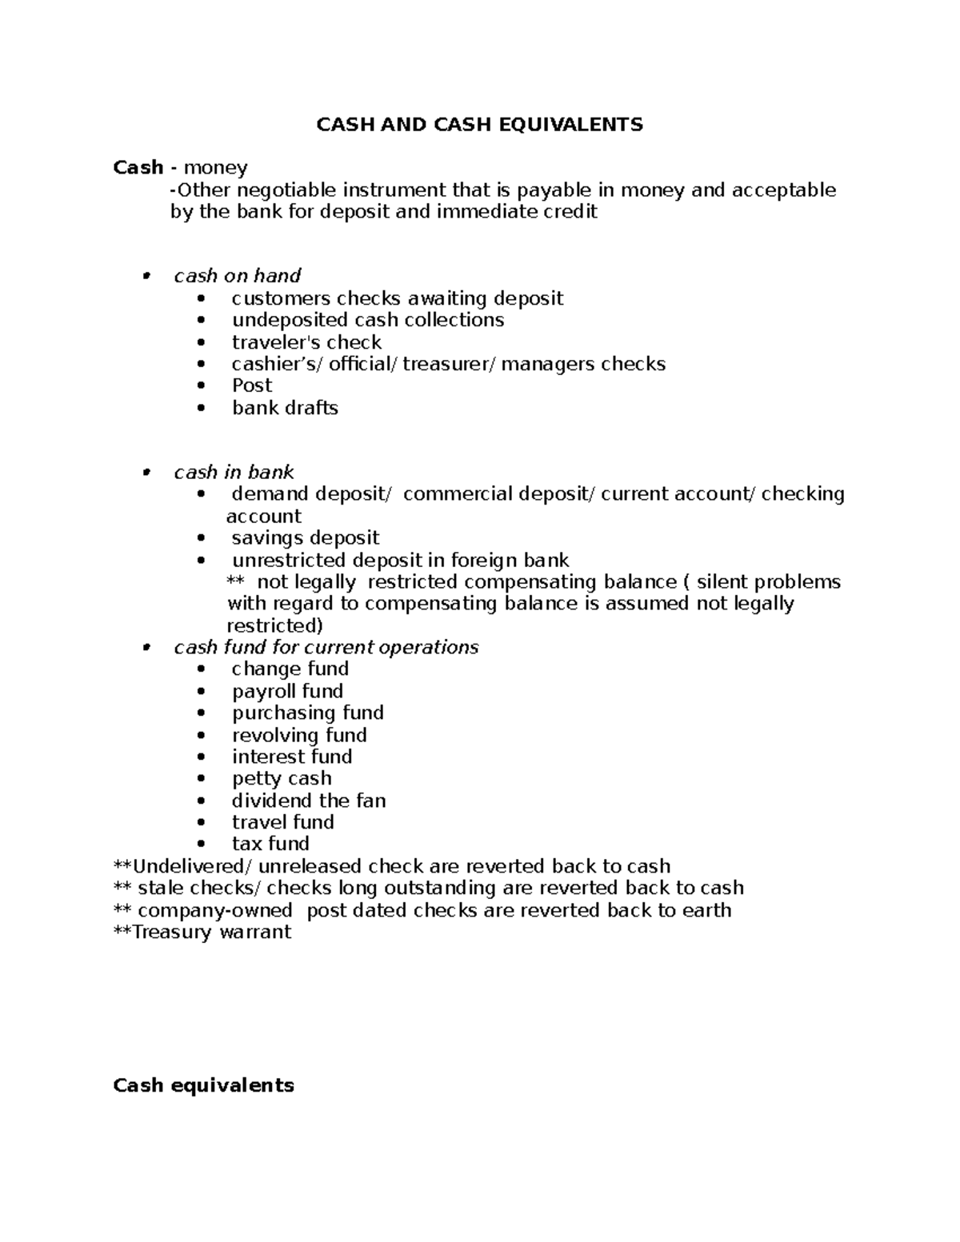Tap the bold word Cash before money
pos(138,167)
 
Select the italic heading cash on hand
pos(237,276)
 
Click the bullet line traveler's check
pos(306,342)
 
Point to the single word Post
pos(252,385)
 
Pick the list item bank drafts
pos(285,408)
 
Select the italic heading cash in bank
pos(234,472)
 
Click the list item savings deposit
pos(306,538)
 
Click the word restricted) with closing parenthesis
pos(274,625)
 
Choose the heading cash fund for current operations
pos(326,647)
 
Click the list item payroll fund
pos(287,691)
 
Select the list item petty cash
pos(282,778)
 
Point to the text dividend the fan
pos(309,801)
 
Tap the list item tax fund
pos(270,844)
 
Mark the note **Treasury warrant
pos(203,932)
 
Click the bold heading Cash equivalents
pos(203,1085)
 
